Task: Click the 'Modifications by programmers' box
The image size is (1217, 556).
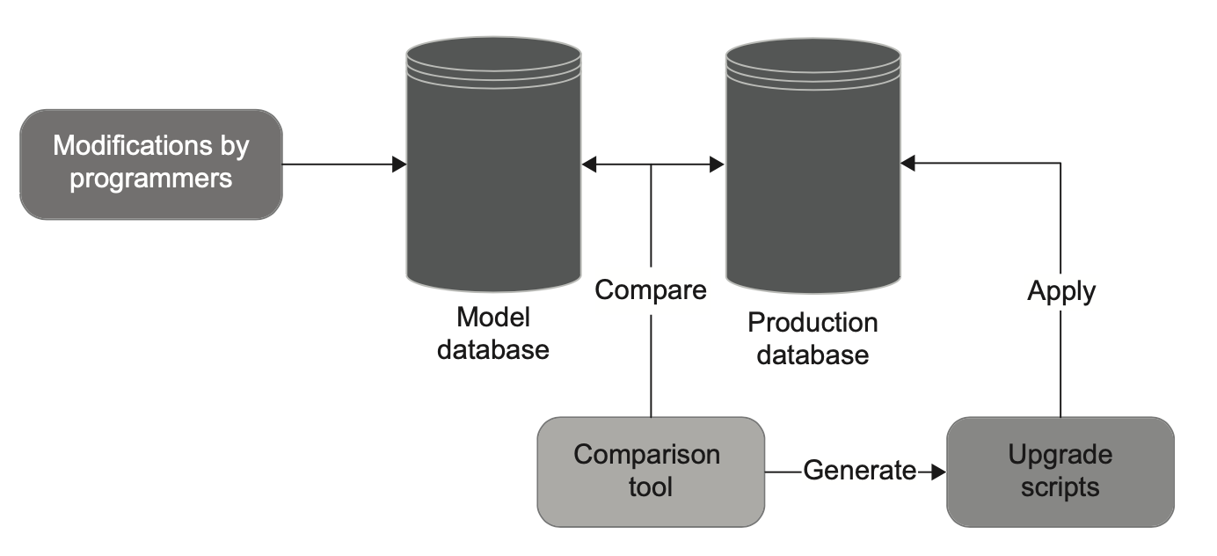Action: coord(151,165)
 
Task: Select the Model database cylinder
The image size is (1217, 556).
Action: coord(494,165)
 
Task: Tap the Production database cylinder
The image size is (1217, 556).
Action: coord(813,165)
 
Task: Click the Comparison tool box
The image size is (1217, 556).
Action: coord(651,472)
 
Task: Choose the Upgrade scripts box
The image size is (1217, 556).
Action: coord(1060,472)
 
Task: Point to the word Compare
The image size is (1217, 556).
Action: coord(651,290)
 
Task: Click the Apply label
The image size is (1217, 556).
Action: coord(1061,292)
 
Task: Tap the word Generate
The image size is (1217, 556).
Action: coord(859,470)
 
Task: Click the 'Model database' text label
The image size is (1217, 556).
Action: coord(493,333)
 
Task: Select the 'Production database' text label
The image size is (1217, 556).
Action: coord(813,339)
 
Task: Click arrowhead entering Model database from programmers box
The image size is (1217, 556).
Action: coord(399,165)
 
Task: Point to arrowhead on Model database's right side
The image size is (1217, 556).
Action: coord(589,165)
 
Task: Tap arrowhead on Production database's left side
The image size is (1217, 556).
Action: coord(718,165)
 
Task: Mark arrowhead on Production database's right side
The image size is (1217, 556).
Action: coord(907,163)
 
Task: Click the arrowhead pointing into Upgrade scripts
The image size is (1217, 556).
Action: coord(939,472)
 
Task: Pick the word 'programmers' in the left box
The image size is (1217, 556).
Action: coord(151,179)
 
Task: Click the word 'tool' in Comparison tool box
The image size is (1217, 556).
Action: coord(651,486)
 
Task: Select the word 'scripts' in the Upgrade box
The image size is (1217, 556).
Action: coord(1060,487)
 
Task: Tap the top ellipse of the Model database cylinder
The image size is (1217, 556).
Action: coord(494,54)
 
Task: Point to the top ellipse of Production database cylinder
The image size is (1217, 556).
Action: coord(813,55)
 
